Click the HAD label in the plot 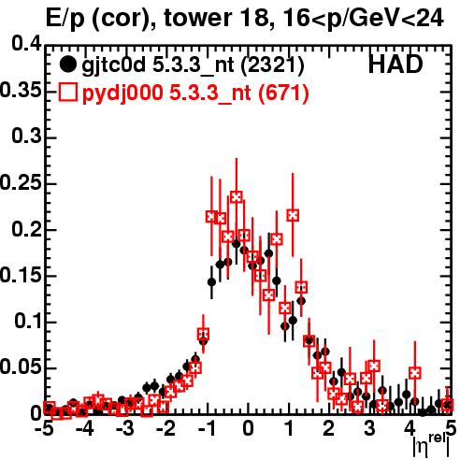[x=395, y=65]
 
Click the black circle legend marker [x=67, y=65]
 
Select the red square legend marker [x=67, y=93]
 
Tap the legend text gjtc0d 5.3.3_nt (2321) [x=193, y=65]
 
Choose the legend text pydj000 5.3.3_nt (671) [x=195, y=93]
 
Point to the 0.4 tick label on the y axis [x=26, y=44]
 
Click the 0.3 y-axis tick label [x=26, y=136]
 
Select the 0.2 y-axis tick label [x=26, y=228]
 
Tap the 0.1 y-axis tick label [x=27, y=321]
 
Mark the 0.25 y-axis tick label [x=21, y=182]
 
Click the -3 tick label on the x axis [x=125, y=429]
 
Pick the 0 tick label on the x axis [x=248, y=429]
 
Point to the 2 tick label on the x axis [x=329, y=429]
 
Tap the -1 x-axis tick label [x=207, y=429]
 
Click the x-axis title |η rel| [x=431, y=445]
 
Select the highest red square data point [x=237, y=197]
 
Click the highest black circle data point [x=237, y=244]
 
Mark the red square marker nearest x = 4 [x=415, y=373]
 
